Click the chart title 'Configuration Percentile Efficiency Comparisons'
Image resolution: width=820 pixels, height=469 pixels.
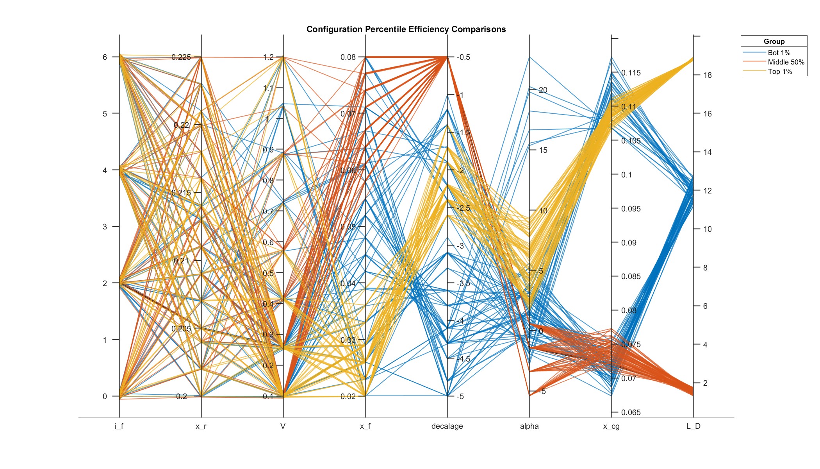(406, 29)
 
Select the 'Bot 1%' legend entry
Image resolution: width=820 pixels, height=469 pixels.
(779, 53)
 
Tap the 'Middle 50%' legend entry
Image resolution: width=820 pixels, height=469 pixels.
(786, 62)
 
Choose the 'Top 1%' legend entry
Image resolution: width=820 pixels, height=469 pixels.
(780, 72)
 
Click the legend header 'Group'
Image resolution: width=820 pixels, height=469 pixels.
(774, 41)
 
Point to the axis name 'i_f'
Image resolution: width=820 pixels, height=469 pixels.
(119, 426)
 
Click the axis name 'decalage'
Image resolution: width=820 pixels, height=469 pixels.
(447, 426)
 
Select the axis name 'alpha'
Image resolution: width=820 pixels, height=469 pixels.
(529, 426)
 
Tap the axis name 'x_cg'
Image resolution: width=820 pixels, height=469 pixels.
(611, 426)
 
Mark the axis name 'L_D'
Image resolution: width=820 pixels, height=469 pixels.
(693, 426)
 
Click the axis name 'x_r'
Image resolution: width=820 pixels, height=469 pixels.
(201, 426)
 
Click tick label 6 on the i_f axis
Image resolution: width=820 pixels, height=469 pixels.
(105, 57)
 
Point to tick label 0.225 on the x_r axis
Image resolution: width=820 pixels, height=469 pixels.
(181, 57)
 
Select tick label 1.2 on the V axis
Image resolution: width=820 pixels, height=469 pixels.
(268, 57)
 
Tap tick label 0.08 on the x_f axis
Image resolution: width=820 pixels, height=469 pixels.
(348, 57)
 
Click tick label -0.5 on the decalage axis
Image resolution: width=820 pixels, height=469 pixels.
(463, 57)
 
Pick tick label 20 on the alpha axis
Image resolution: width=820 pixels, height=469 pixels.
(543, 90)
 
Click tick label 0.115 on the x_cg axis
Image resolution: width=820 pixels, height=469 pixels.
(631, 73)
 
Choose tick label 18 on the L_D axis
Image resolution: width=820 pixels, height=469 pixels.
(707, 75)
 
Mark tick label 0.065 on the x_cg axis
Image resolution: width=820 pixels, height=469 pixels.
(631, 412)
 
